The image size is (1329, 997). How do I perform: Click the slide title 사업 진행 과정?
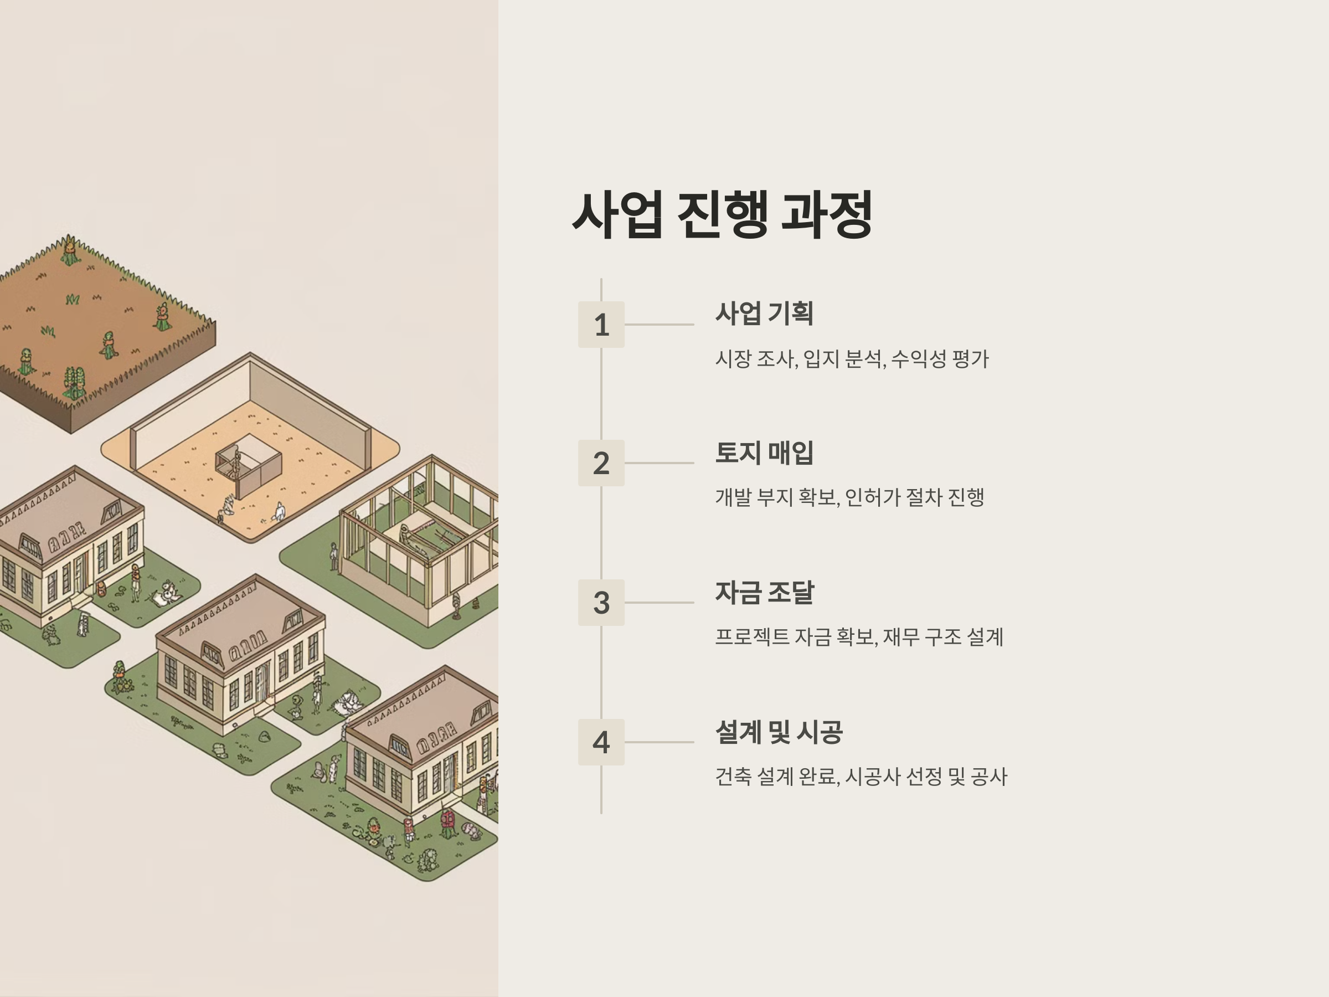[722, 214]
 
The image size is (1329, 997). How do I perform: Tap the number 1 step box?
[601, 325]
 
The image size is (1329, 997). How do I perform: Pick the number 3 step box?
[601, 603]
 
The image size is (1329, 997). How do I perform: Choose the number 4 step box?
[601, 742]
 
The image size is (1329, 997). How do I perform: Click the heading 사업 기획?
[764, 313]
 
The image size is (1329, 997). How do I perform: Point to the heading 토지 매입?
[764, 453]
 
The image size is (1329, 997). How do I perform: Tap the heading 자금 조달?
[764, 593]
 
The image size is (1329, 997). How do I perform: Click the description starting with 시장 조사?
[851, 359]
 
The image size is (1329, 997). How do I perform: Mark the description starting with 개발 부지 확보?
[849, 497]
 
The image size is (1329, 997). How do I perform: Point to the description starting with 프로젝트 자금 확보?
[858, 637]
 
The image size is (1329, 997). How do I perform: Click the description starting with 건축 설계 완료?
[861, 777]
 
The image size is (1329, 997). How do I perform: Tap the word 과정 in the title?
[826, 214]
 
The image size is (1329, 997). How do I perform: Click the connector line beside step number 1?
[659, 325]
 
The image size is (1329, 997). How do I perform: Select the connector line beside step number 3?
[659, 603]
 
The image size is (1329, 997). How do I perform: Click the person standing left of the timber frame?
[333, 556]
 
